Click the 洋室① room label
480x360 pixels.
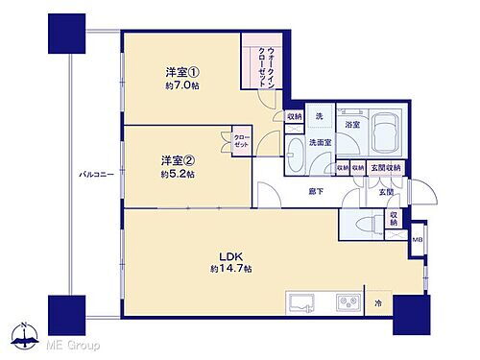point(180,70)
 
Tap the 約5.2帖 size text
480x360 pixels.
point(178,175)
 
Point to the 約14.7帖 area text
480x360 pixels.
point(233,270)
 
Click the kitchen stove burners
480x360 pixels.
point(347,302)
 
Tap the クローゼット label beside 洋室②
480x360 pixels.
point(239,140)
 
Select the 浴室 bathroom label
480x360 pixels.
point(351,125)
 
